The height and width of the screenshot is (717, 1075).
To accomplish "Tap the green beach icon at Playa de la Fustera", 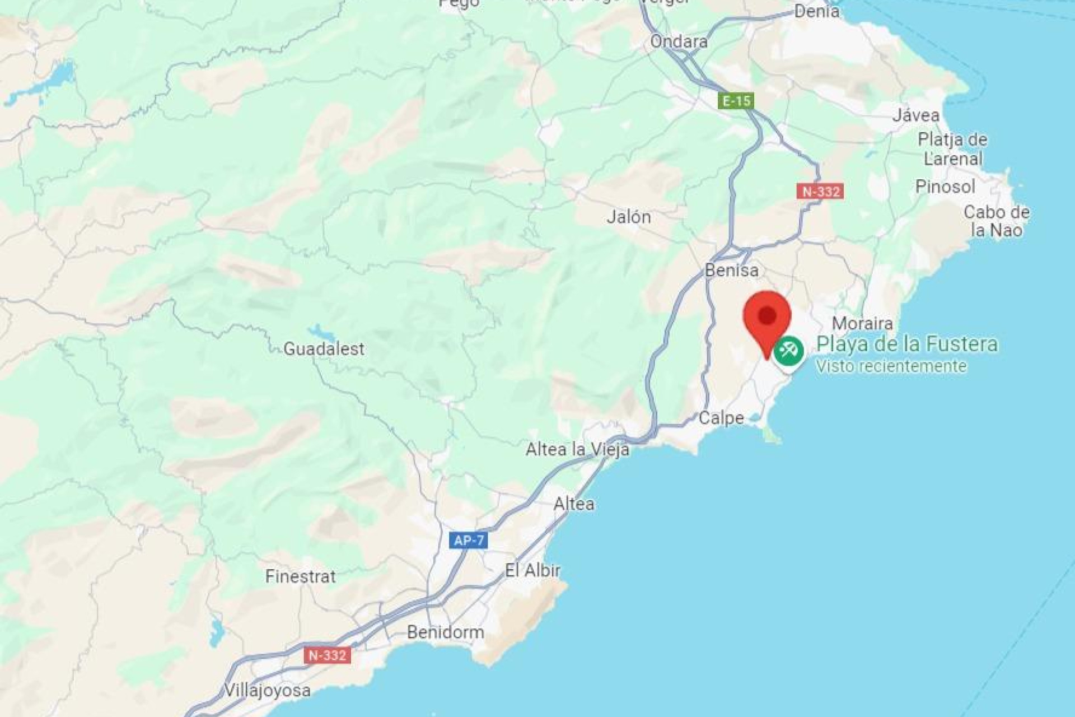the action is coord(789,352).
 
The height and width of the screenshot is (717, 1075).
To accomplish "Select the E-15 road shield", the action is coord(736,101).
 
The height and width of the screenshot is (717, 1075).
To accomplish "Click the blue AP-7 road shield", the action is coord(468,541).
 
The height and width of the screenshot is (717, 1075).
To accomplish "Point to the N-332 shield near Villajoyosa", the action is coord(328,655).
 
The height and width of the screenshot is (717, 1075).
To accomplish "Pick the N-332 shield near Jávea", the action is coord(820,192).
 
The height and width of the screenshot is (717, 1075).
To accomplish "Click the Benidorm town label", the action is coord(445,632).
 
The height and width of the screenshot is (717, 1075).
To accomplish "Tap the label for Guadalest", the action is coord(324,349).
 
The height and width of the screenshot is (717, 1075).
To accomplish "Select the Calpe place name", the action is coord(721,418).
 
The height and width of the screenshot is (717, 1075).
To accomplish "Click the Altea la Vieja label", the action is coord(577,449).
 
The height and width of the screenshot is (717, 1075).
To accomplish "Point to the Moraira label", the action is coord(862,323).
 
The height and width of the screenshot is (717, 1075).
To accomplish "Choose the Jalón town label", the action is coord(629,217).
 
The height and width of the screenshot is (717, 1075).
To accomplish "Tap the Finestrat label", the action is coord(301,576).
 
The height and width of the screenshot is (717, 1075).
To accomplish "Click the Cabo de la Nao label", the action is coord(996,221).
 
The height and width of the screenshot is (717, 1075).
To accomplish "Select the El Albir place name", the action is coord(532,571).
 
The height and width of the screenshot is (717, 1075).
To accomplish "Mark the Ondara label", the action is coord(679,41).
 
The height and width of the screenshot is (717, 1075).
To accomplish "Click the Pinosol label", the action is coord(945,187).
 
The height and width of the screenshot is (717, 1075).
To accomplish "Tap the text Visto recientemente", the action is coord(891,366).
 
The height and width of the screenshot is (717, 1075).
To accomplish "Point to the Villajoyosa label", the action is coord(268,690).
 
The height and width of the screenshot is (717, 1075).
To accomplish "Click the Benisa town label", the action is coord(732,271).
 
